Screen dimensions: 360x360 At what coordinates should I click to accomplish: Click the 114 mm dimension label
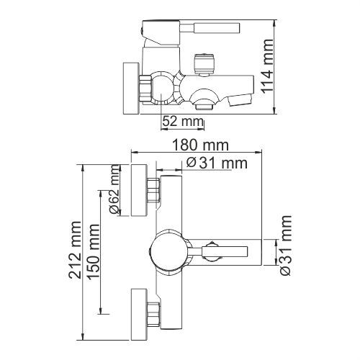pos(268,66)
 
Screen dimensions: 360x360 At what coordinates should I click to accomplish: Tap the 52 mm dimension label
pos(183,121)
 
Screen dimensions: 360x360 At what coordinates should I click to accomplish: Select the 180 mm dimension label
pos(201,145)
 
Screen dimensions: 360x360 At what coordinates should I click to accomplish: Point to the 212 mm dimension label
pos(75,250)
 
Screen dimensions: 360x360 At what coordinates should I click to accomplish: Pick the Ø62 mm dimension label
pos(114,189)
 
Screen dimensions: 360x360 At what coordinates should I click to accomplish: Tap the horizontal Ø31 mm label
pos(217,163)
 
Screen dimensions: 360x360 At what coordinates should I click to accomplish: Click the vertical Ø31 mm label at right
pos(286,246)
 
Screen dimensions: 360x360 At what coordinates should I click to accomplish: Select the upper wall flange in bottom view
pos(139,190)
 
